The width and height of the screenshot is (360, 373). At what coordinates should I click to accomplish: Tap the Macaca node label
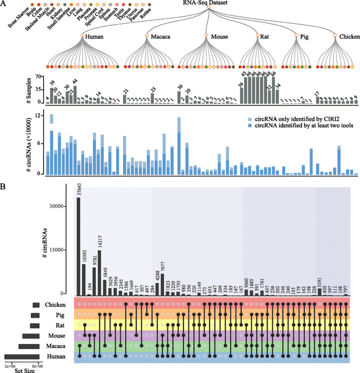(x=162, y=36)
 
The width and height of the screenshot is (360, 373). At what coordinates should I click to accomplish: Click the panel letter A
(x=4, y=4)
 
